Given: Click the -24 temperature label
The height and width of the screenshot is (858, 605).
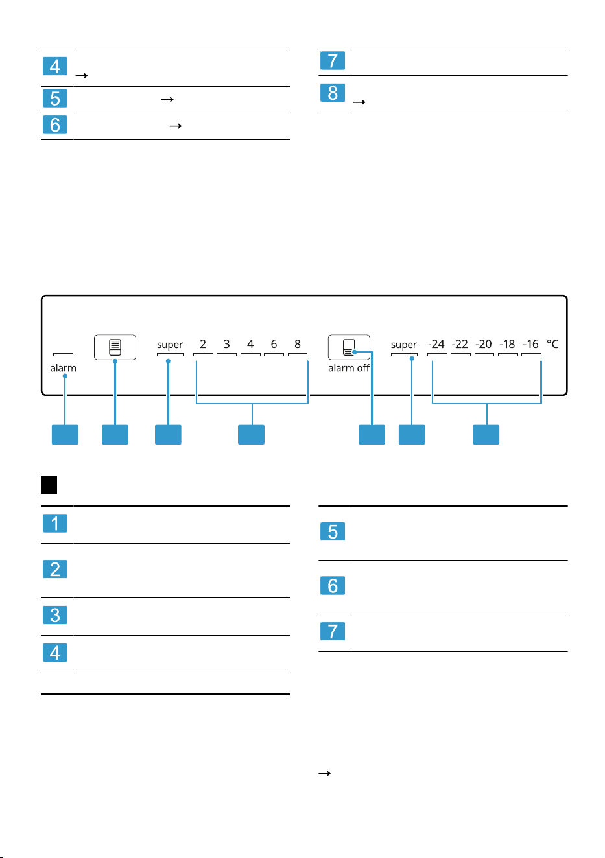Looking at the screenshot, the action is point(436,344).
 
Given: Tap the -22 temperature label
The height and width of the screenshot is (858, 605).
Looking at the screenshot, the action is point(460,344).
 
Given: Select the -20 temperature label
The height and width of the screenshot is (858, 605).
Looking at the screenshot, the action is point(484,344).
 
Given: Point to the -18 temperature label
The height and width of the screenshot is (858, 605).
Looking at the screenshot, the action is point(507,344).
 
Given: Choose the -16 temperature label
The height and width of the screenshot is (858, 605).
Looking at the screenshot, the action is point(530,344).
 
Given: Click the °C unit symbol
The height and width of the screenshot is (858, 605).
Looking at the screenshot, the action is point(552,343).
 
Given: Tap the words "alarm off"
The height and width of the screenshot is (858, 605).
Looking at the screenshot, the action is point(348,368).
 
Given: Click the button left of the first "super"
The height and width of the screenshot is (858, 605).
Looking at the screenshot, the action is point(115,347).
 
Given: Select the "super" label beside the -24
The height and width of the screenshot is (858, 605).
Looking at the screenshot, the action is point(404,345).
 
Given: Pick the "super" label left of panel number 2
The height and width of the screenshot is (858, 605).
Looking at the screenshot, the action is point(170,345).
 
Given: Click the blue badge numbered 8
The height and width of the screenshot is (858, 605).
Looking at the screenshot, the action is point(333,93).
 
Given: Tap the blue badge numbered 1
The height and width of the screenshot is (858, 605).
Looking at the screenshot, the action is point(55,523).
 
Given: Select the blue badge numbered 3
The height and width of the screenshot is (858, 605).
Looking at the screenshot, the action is point(55,615).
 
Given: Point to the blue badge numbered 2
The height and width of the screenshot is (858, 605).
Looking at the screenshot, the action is point(55,569).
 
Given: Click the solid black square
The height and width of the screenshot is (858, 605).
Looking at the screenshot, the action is point(49,485).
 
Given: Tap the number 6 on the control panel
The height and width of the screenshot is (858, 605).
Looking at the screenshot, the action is point(274,344).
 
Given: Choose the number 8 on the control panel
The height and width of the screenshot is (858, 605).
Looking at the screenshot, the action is point(298,344).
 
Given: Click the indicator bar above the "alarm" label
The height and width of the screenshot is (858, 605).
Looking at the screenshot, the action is point(64,354).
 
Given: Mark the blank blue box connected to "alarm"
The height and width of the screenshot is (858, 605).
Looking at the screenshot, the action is point(65,434).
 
